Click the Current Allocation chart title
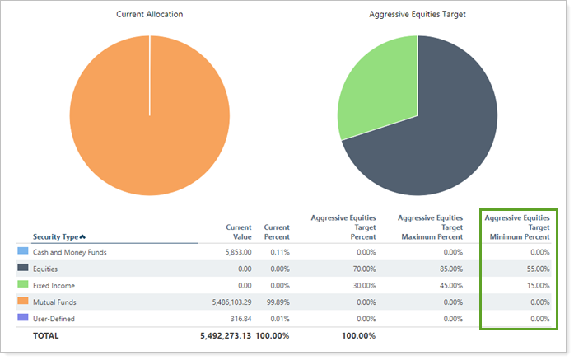click(x=149, y=15)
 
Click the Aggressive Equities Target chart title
click(x=417, y=15)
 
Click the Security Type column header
click(x=58, y=237)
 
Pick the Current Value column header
click(x=239, y=231)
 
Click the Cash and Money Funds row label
click(x=70, y=252)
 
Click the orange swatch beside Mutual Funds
click(x=22, y=302)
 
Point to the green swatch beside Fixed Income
click(x=22, y=285)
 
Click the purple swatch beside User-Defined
click(x=22, y=318)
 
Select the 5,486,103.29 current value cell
click(x=225, y=302)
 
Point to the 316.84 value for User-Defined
click(x=239, y=318)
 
